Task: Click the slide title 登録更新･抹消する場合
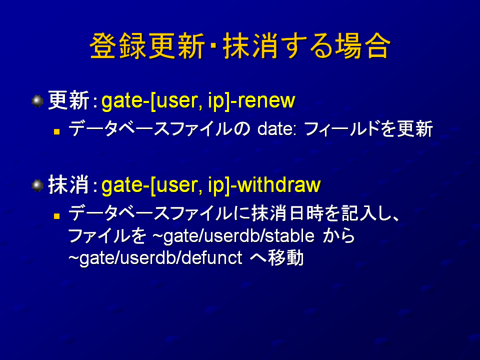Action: [240, 46]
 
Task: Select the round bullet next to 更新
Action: [37, 101]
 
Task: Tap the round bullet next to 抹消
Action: [37, 185]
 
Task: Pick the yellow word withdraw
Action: [279, 185]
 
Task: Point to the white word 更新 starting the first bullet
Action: [68, 100]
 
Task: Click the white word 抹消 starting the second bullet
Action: [68, 185]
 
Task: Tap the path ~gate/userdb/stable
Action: [233, 236]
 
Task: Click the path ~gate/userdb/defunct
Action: [155, 258]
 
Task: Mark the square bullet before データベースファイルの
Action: [56, 132]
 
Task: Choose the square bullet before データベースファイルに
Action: [56, 216]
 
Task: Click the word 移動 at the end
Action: [286, 258]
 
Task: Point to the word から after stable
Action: [339, 236]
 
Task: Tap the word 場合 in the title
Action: [363, 46]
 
